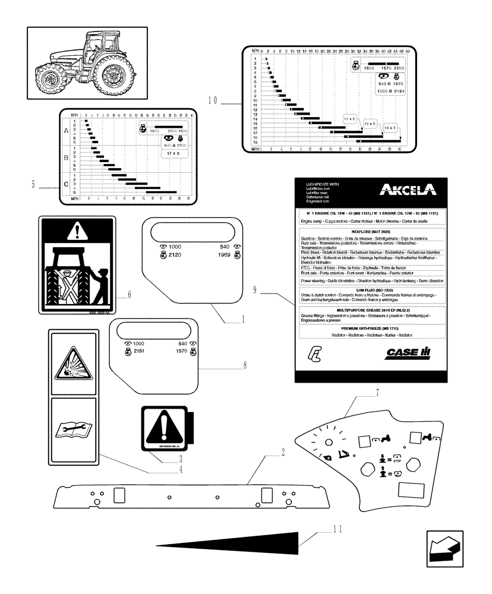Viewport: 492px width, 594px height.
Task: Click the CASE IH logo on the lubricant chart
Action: pyautogui.click(x=407, y=352)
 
